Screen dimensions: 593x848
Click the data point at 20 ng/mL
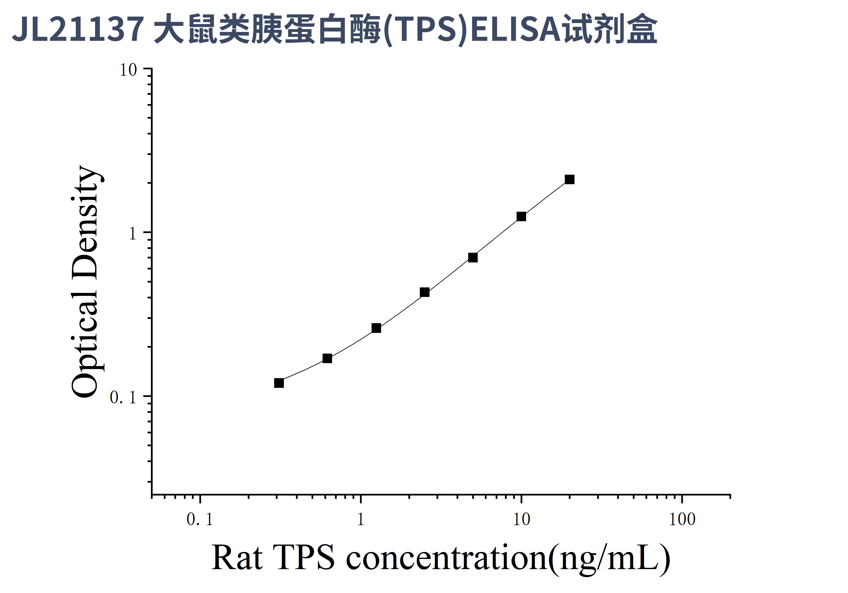(569, 180)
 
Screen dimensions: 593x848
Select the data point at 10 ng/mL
(521, 216)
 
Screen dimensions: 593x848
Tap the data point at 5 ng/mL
(473, 258)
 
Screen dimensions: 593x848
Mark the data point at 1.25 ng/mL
(376, 328)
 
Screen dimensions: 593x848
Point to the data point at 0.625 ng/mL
(327, 358)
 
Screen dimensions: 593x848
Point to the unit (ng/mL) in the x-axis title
(609, 559)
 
